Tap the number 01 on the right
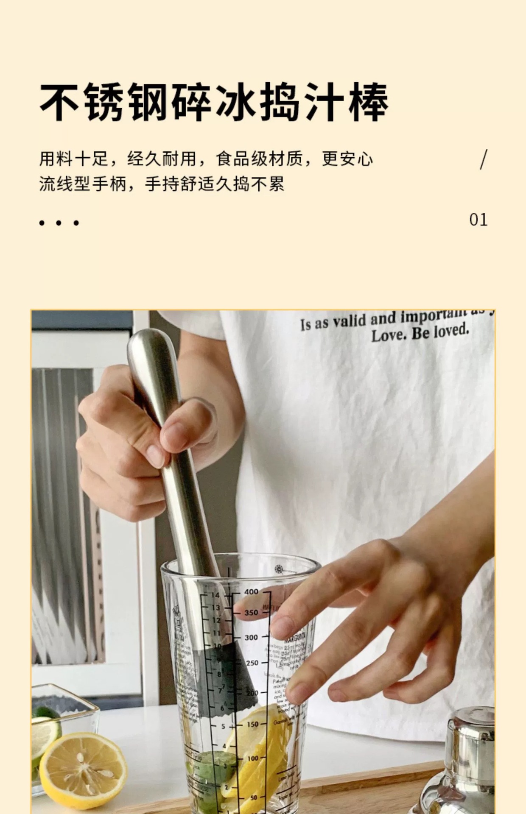tap(478, 220)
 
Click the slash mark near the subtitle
tap(484, 159)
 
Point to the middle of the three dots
tap(58, 223)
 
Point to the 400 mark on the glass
tap(251, 592)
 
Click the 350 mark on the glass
tap(251, 613)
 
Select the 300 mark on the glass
tap(251, 637)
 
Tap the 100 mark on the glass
tap(252, 758)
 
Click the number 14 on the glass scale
tap(215, 595)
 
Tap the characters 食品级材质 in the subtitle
tap(259, 159)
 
